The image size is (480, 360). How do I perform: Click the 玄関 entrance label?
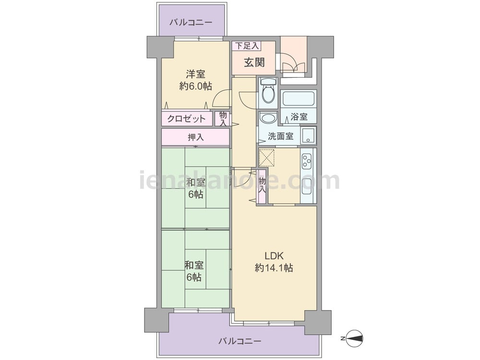[254, 62]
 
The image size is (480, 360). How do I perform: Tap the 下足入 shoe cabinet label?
[247, 46]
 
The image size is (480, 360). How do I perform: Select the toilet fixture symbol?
[268, 91]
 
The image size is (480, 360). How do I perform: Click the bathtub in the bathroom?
[299, 98]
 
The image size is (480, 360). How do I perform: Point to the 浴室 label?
[299, 117]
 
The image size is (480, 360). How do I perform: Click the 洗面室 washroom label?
[281, 136]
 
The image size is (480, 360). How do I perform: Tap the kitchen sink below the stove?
[307, 187]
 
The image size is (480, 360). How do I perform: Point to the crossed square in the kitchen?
[268, 157]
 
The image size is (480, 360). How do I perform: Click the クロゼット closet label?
[186, 119]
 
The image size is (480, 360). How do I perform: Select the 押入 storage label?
[196, 137]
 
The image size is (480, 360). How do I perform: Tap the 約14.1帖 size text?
[274, 268]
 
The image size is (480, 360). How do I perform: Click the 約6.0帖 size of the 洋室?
[196, 86]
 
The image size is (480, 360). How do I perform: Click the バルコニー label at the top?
[191, 23]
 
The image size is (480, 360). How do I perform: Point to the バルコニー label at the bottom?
[240, 341]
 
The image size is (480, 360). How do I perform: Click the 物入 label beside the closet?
[223, 119]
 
